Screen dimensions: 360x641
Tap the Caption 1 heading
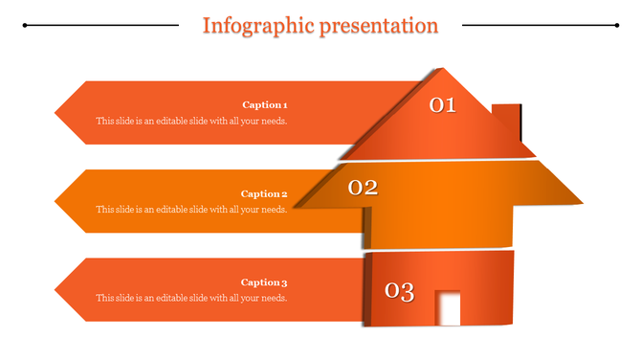coord(264,104)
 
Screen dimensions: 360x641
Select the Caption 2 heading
coord(264,193)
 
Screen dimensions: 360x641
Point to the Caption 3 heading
coord(264,282)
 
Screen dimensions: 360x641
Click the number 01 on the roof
coord(442,105)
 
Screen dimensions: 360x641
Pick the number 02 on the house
coord(363,188)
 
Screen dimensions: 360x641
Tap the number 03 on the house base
coord(399,291)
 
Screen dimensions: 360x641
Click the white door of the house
coord(448,308)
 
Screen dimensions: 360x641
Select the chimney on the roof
coord(506,121)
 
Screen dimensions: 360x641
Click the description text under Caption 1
coord(191,122)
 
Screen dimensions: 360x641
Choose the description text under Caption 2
coord(191,210)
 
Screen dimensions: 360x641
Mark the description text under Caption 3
coord(191,299)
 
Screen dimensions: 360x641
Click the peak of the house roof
coord(441,70)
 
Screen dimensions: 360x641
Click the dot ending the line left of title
coord(24,25)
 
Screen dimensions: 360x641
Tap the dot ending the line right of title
coord(617,25)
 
